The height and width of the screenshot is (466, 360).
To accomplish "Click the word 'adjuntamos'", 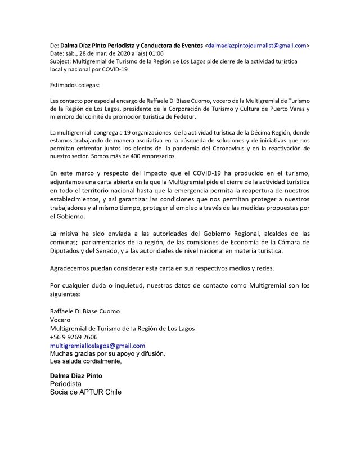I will (x=67, y=183).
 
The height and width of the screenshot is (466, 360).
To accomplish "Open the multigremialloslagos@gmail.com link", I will (x=97, y=345).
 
